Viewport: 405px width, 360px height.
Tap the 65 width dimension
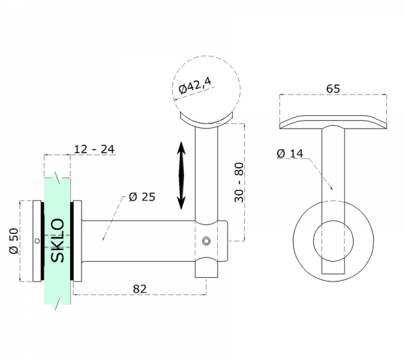tap(333, 89)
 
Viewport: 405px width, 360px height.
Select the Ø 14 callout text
tap(290, 154)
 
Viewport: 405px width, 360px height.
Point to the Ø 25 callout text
tap(142, 197)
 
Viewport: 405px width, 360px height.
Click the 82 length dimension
tap(140, 289)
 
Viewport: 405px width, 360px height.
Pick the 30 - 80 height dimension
tap(239, 182)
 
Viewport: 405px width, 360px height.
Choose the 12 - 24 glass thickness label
tap(94, 149)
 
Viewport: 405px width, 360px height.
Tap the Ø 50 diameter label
tap(14, 241)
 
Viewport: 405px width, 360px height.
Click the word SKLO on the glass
tap(58, 241)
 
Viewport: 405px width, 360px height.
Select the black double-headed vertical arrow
tap(181, 175)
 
